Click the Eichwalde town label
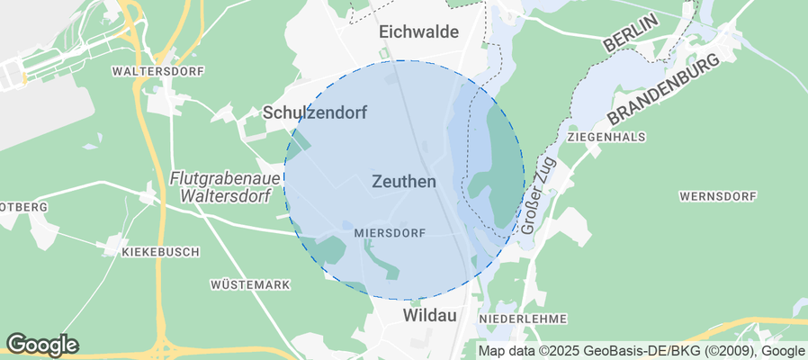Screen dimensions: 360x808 pyautogui.click(x=418, y=32)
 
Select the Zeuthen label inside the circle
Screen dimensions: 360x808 pyautogui.click(x=403, y=182)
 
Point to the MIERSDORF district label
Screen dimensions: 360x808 pyautogui.click(x=390, y=232)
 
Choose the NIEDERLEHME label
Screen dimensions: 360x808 pyautogui.click(x=523, y=319)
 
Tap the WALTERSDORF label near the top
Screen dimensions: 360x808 pyautogui.click(x=158, y=70)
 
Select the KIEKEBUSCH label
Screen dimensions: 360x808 pyautogui.click(x=160, y=252)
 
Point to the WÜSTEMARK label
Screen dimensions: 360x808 pyautogui.click(x=250, y=284)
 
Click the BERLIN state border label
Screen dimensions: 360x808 pyautogui.click(x=633, y=31)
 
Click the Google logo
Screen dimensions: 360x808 pyautogui.click(x=41, y=344)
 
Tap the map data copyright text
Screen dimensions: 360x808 pyautogui.click(x=642, y=351)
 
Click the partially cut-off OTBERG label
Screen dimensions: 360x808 pyautogui.click(x=23, y=207)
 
